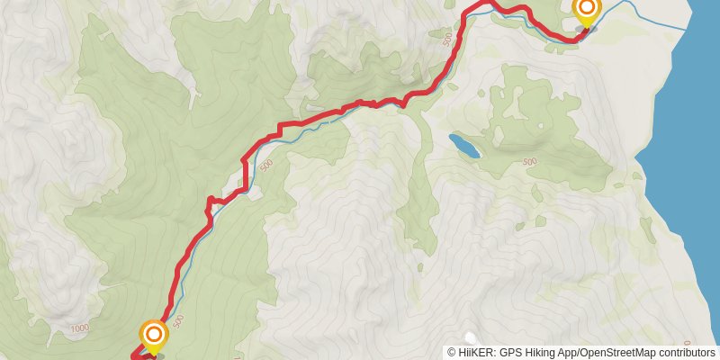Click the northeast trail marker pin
pos(586,13)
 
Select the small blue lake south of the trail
pos(463,145)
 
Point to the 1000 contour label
pos(80,328)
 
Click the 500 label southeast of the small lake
pos(529,162)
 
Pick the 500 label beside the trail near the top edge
pos(447,39)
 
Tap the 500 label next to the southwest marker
pos(178,319)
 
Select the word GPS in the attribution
pos(511,352)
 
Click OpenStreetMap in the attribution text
pos(621,352)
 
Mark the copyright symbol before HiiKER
pos(453,352)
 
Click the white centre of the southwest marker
pos(154,335)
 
